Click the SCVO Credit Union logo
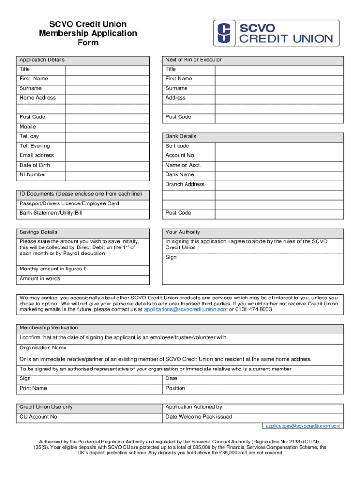coord(276,33)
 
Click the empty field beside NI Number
coord(107,175)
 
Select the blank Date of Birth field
coord(107,165)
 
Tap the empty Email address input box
coord(107,156)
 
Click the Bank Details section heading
coord(181,137)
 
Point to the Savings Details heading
coord(38,232)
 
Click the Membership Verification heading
coord(49,328)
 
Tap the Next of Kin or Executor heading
coord(194,60)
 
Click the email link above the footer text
coord(303,426)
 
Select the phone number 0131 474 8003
coord(252,310)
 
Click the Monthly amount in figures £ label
coord(53,269)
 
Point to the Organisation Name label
coord(43,348)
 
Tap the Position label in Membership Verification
coord(175,388)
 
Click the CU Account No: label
coord(39,417)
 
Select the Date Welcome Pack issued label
coord(199,417)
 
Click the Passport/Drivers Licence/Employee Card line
coord(69,204)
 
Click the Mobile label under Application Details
coord(28,127)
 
